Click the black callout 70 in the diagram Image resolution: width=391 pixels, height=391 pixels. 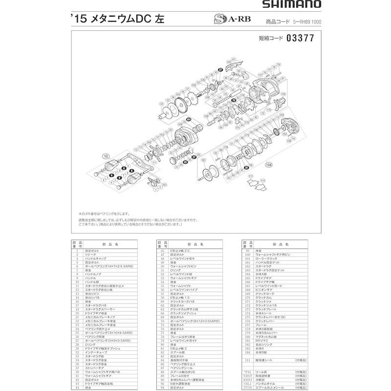click(x=234, y=100)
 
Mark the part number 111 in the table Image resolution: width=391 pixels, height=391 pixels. click(x=246, y=361)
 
